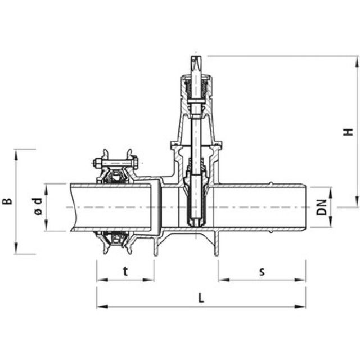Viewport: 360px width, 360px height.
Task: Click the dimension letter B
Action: click(x=7, y=201)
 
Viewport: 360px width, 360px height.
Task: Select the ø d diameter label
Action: click(x=38, y=208)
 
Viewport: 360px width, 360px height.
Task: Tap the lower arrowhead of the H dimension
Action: click(x=357, y=205)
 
